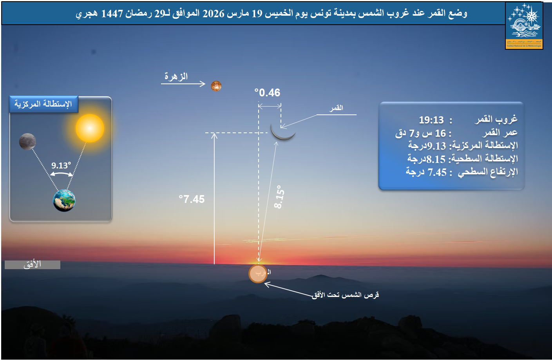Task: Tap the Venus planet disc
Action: [x=216, y=86]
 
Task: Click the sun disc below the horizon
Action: [x=258, y=273]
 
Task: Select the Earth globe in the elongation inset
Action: [x=64, y=200]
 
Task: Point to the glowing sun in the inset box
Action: [x=90, y=128]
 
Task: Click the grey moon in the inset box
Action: [x=27, y=141]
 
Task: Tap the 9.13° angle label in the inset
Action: [x=61, y=165]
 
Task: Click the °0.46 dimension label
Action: [x=267, y=93]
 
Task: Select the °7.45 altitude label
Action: [x=192, y=199]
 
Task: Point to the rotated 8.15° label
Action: [x=279, y=197]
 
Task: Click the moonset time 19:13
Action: [x=431, y=120]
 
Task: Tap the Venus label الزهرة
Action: [x=176, y=76]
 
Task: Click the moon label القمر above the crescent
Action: [x=337, y=108]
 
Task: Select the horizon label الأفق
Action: [x=32, y=264]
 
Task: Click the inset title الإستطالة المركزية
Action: [x=43, y=104]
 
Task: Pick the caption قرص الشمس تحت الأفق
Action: [x=346, y=295]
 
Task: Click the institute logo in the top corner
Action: [x=524, y=26]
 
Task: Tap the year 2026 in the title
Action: [x=214, y=14]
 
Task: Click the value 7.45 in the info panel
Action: [x=437, y=172]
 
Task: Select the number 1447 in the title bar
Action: [x=112, y=14]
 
